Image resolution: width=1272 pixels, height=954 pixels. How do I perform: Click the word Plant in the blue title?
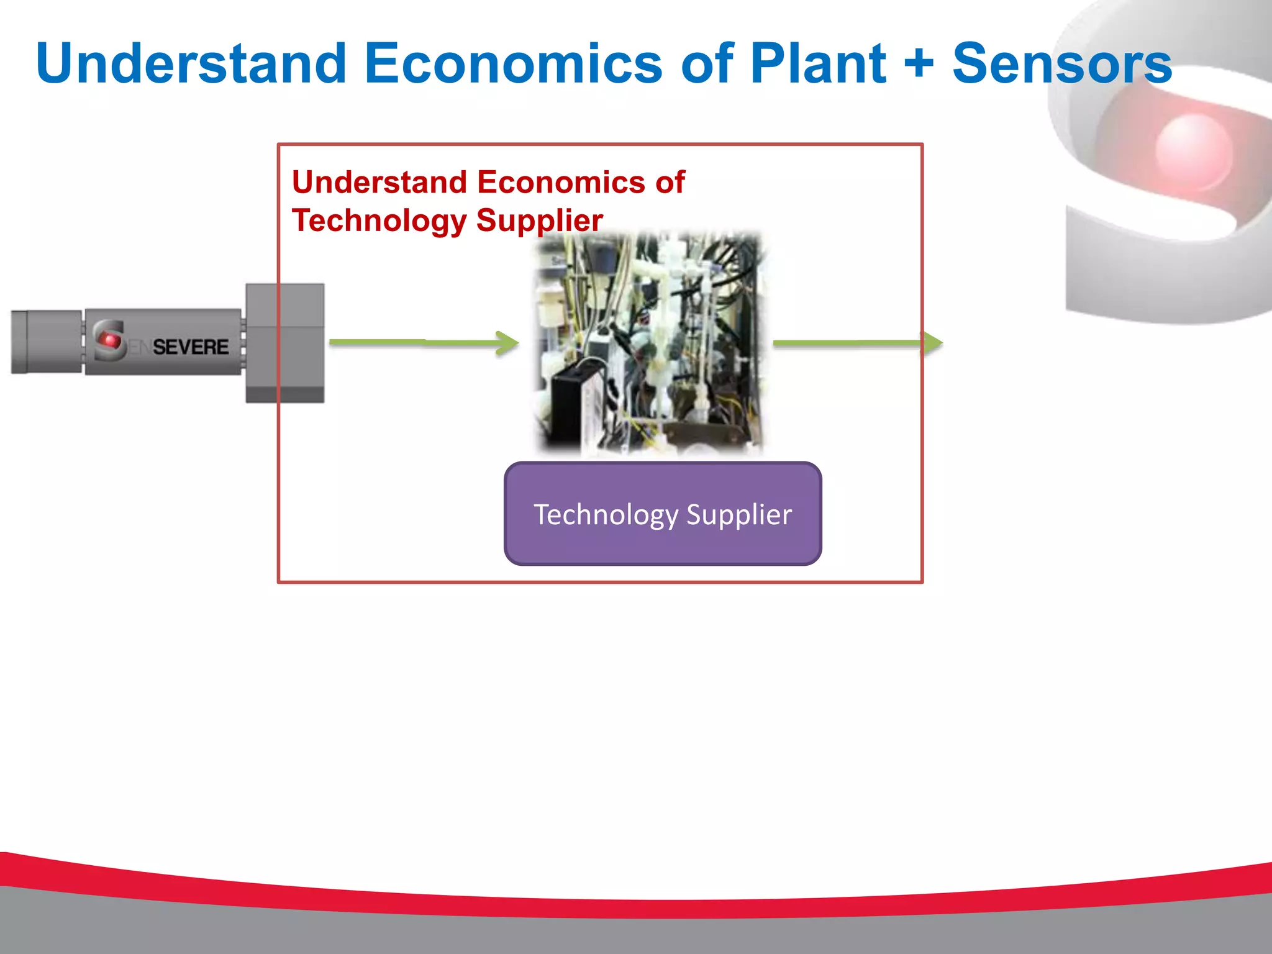click(x=817, y=63)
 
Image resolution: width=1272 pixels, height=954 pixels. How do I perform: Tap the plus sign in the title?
click(x=919, y=63)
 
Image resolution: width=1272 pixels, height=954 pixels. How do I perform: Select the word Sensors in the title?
click(x=1061, y=63)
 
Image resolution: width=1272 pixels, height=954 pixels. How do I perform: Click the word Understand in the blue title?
click(x=191, y=63)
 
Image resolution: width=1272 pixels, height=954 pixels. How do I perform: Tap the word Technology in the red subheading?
click(x=379, y=220)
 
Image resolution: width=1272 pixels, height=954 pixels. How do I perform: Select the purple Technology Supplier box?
click(x=663, y=514)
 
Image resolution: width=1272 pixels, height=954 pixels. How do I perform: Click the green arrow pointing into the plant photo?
click(x=425, y=342)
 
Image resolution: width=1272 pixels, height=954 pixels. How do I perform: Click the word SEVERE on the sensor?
click(x=190, y=347)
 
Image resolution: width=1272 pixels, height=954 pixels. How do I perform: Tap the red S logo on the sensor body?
click(x=109, y=340)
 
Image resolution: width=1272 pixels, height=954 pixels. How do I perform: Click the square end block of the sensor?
click(x=284, y=343)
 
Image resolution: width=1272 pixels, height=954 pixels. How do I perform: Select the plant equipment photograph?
click(x=649, y=345)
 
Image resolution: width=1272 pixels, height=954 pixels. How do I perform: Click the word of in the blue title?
click(x=707, y=63)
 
